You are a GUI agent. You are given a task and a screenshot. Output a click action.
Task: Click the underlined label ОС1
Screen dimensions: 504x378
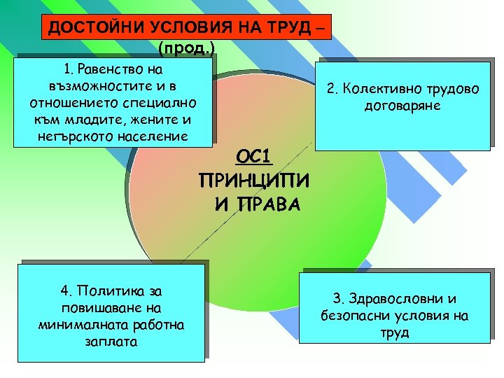255,156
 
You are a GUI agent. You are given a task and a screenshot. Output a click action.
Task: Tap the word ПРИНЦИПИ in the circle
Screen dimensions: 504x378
255,181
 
